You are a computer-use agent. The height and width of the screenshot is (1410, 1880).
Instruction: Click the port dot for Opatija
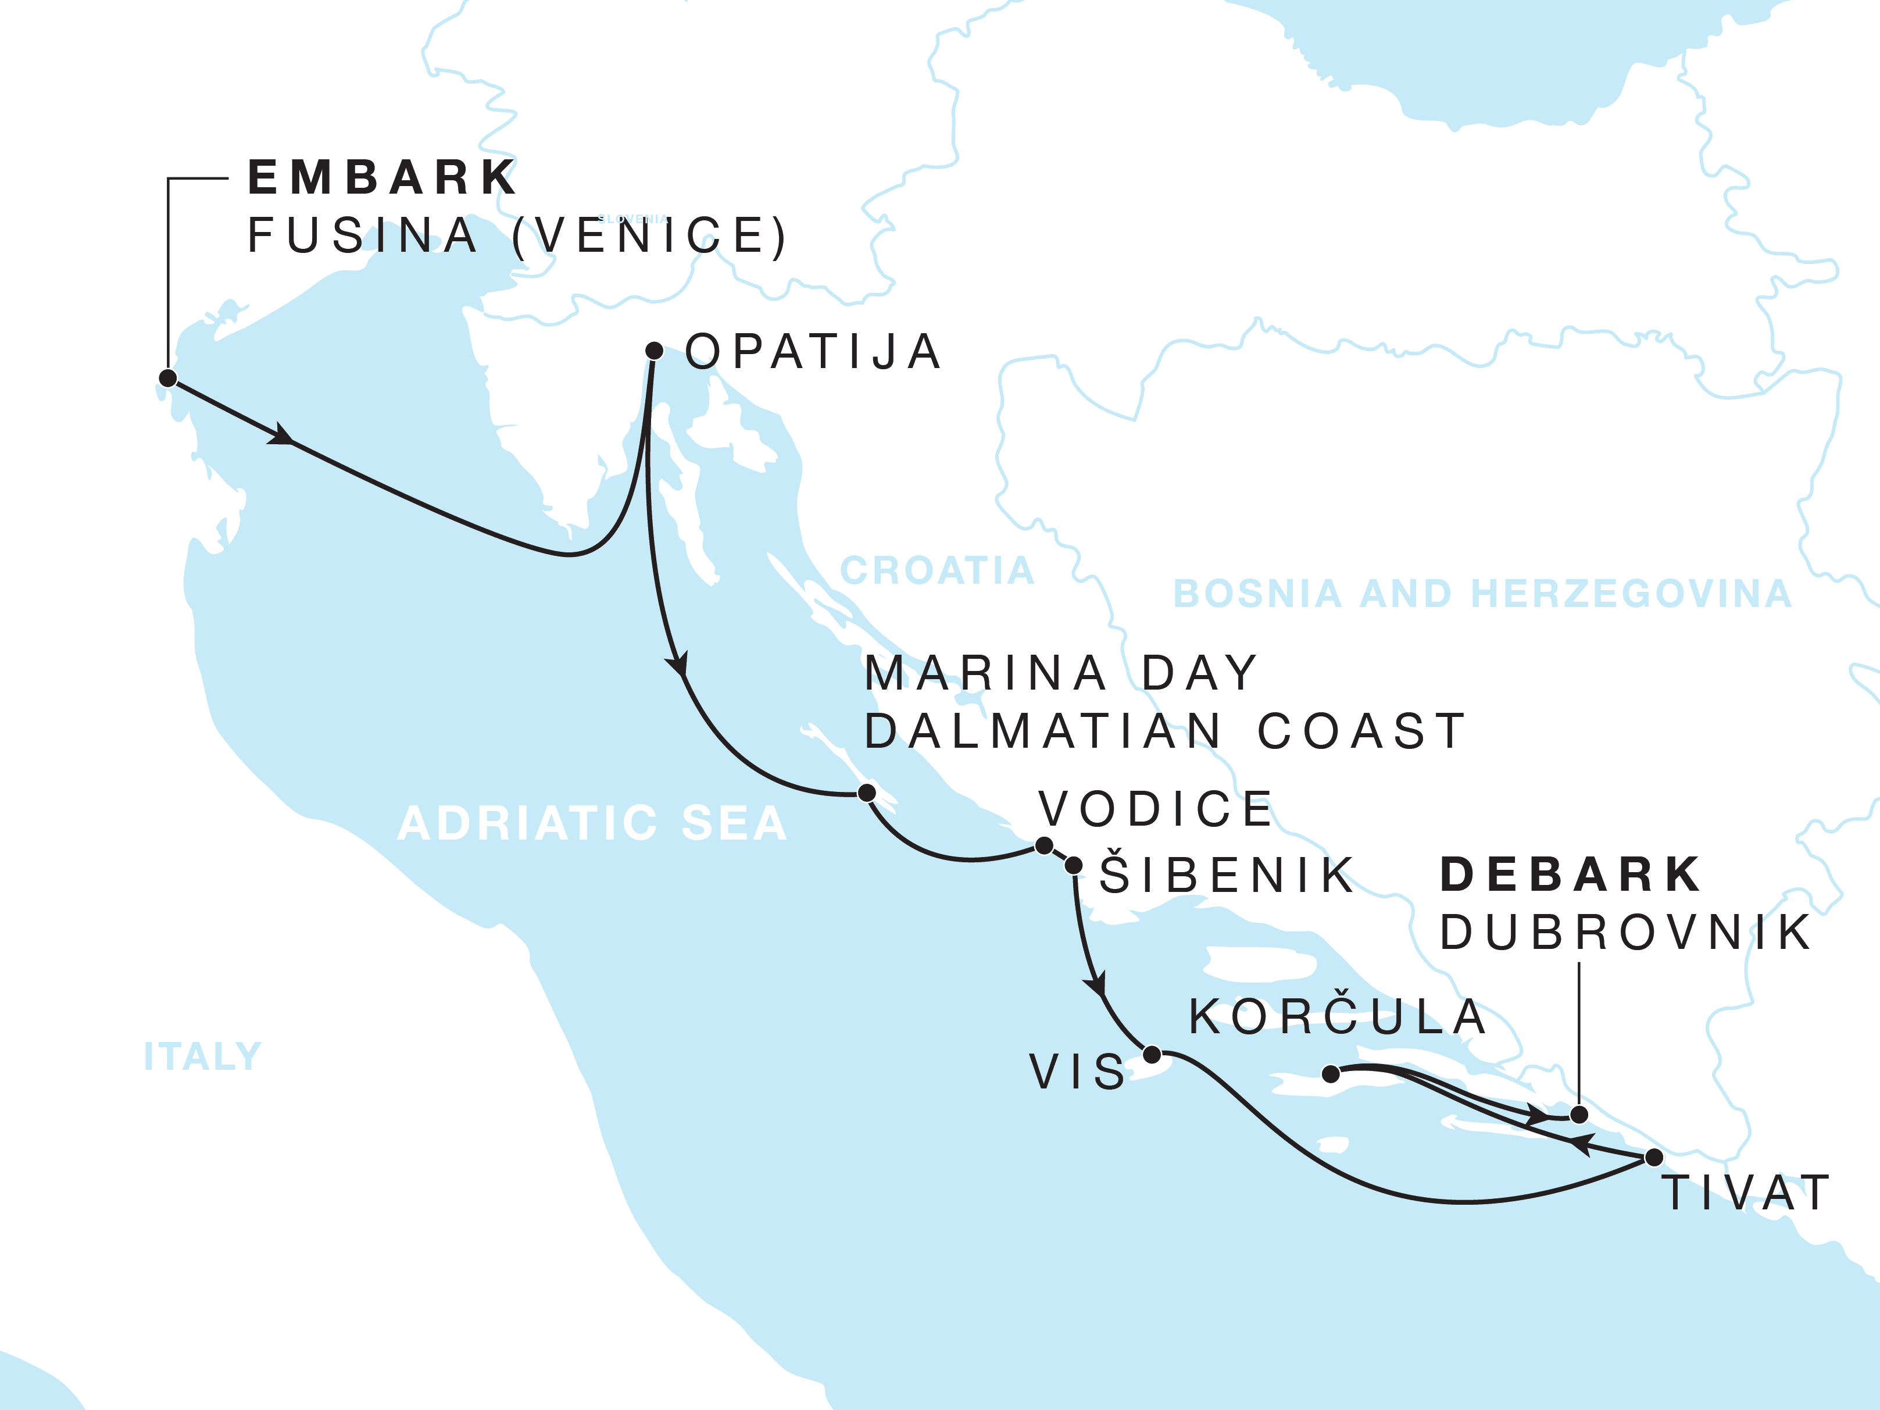pyautogui.click(x=653, y=350)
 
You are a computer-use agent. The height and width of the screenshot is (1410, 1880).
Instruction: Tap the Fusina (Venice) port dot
pyautogui.click(x=167, y=378)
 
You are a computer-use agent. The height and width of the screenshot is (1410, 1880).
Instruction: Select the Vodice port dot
pyautogui.click(x=1043, y=845)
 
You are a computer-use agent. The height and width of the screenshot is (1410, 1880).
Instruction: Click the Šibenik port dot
pyautogui.click(x=1074, y=866)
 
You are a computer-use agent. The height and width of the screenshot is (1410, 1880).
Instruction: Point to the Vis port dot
pyautogui.click(x=1152, y=1055)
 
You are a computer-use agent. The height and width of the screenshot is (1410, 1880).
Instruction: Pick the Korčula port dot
pyautogui.click(x=1332, y=1075)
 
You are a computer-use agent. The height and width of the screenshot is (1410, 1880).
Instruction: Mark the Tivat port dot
pyautogui.click(x=1654, y=1158)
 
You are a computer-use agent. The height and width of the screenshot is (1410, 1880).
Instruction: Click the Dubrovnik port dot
pyautogui.click(x=1578, y=1114)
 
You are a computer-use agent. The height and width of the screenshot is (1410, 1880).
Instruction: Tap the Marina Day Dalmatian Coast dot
pyautogui.click(x=866, y=793)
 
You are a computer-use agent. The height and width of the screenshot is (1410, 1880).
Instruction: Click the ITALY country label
pyautogui.click(x=202, y=1056)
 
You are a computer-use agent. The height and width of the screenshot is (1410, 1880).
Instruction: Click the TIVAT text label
pyautogui.click(x=1745, y=1193)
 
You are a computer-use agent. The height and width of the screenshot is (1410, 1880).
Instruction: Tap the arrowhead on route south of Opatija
pyautogui.click(x=678, y=663)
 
